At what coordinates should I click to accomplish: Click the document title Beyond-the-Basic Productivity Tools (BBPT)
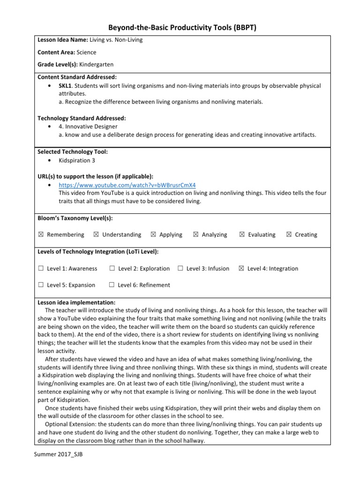tap(180, 28)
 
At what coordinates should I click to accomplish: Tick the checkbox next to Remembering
tap(40, 235)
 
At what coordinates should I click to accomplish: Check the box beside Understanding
tap(96, 235)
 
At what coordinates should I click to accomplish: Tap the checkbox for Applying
tap(153, 235)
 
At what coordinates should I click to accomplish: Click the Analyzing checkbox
tap(195, 235)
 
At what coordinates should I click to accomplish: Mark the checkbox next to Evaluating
tap(242, 235)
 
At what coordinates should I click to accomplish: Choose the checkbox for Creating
tap(288, 235)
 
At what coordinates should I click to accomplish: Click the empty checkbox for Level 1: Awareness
tap(40, 269)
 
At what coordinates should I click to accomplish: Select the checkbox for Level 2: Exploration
tap(112, 269)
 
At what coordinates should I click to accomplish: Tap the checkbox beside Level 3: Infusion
tap(180, 269)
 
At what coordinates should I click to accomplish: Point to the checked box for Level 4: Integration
tap(241, 269)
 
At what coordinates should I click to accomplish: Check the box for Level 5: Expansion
tap(40, 285)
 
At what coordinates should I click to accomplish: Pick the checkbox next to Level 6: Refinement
tap(112, 285)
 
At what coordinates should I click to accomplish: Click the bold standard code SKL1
tap(66, 86)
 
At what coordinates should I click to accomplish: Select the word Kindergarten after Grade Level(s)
tap(97, 64)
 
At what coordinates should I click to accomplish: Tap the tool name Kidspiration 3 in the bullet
tap(77, 160)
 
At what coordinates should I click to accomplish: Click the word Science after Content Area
tap(86, 52)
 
